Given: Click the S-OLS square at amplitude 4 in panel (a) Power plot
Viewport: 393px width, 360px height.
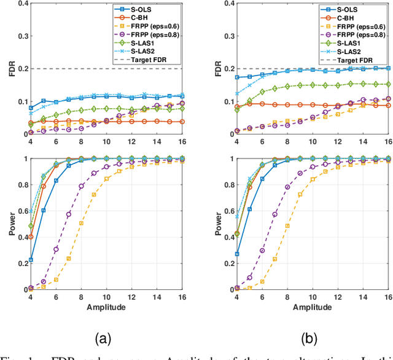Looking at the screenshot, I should pyautogui.click(x=30, y=260).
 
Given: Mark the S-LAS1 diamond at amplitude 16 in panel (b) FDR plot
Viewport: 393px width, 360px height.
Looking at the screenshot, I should pyautogui.click(x=387, y=84).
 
